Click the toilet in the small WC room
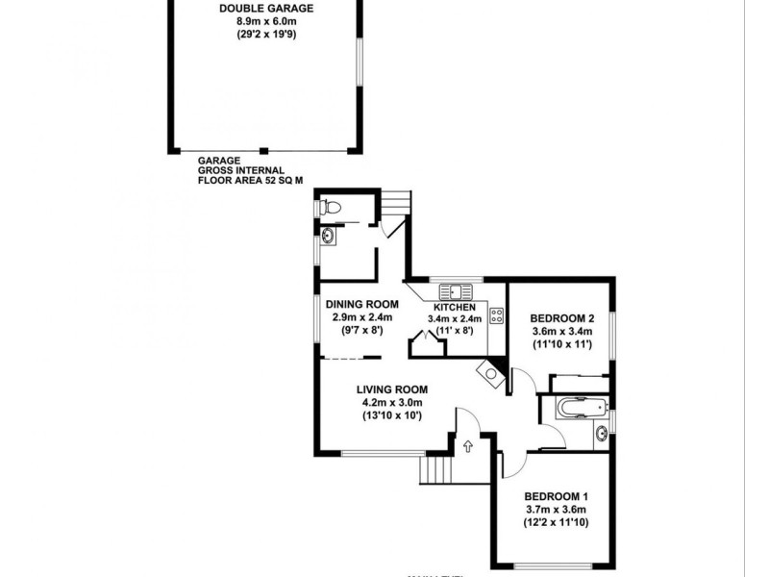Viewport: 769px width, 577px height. click(330, 206)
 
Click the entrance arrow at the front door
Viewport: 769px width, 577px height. click(468, 445)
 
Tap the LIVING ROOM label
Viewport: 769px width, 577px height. click(391, 389)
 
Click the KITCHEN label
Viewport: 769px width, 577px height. click(454, 307)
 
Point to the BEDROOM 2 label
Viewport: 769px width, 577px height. click(558, 318)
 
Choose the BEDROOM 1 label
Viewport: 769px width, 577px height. click(555, 497)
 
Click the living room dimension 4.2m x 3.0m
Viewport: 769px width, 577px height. click(391, 402)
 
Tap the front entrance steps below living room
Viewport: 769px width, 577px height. click(435, 470)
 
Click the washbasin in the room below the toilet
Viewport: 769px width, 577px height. click(329, 235)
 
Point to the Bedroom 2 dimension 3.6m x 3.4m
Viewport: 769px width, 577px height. click(558, 331)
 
